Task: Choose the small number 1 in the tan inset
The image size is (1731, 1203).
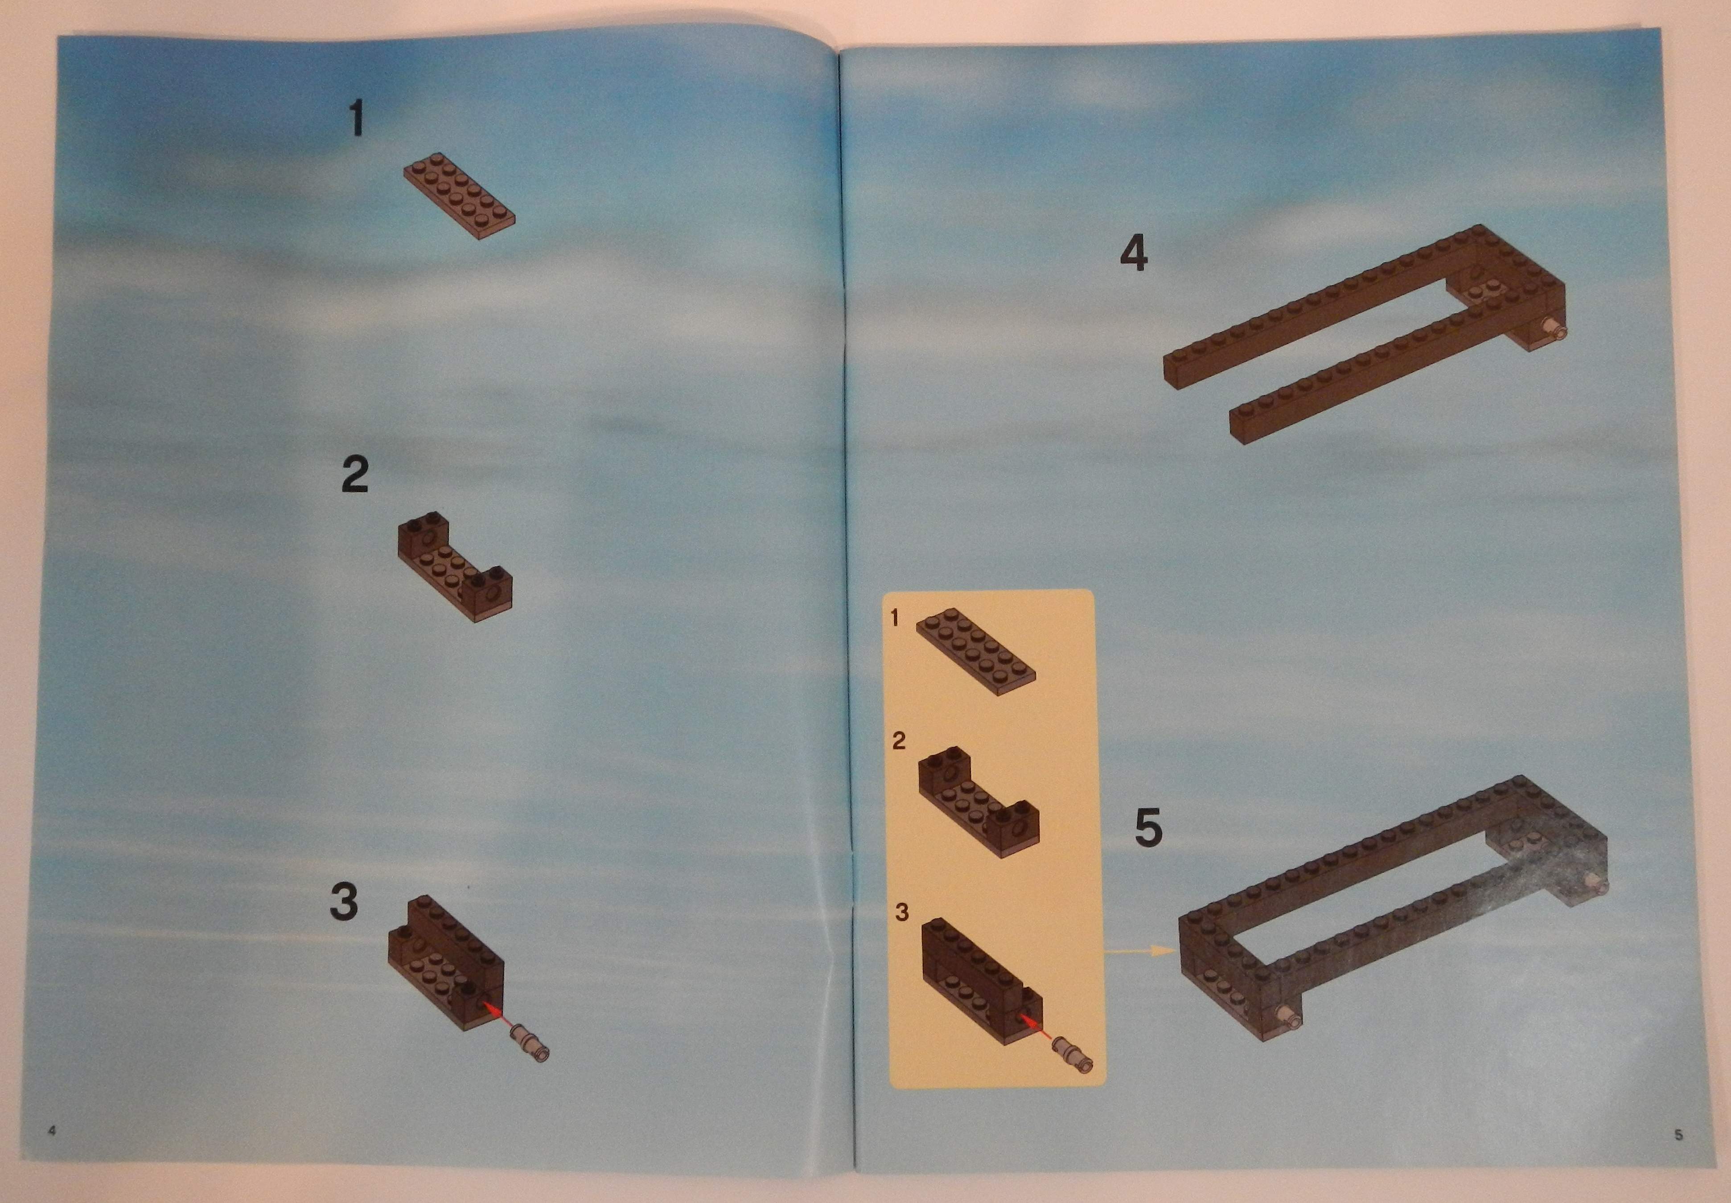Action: [895, 618]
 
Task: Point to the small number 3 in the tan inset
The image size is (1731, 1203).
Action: [902, 912]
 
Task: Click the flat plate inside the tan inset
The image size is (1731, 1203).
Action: [975, 651]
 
